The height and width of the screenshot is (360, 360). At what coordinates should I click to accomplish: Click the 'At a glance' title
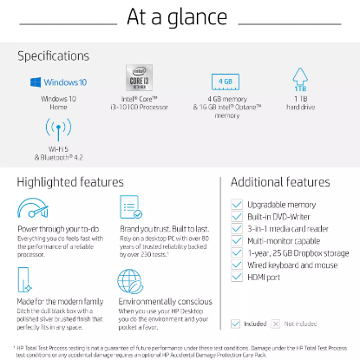pyautogui.click(x=180, y=18)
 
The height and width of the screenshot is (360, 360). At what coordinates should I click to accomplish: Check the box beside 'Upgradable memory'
pyautogui.click(x=237, y=205)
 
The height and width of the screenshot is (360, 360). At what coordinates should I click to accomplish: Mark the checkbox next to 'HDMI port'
pyautogui.click(x=237, y=277)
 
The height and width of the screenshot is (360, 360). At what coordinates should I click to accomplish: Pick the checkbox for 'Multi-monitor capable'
pyautogui.click(x=237, y=240)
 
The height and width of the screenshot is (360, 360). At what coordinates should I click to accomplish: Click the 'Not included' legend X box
pyautogui.click(x=276, y=324)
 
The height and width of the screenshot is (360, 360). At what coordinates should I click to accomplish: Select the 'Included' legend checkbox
pyautogui.click(x=236, y=324)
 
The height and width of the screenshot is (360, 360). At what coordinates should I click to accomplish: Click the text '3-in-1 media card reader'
pyautogui.click(x=289, y=229)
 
